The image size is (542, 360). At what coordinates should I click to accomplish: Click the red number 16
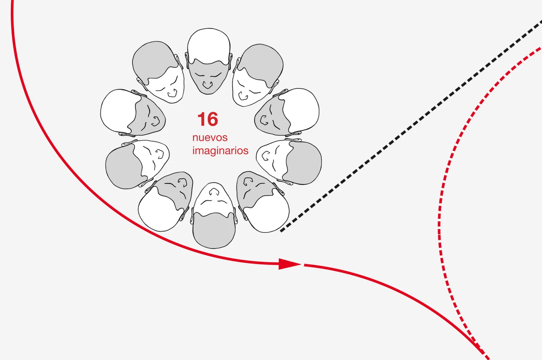[208, 119]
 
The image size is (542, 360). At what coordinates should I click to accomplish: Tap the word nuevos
[210, 138]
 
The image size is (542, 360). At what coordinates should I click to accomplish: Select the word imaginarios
[221, 151]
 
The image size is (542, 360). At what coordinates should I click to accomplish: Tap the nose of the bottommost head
[214, 192]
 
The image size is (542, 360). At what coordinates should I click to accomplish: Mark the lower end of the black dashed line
[281, 231]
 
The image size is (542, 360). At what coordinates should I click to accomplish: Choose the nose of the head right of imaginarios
[266, 156]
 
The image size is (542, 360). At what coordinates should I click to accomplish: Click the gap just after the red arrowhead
[303, 265]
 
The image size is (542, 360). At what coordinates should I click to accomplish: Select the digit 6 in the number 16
[212, 119]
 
